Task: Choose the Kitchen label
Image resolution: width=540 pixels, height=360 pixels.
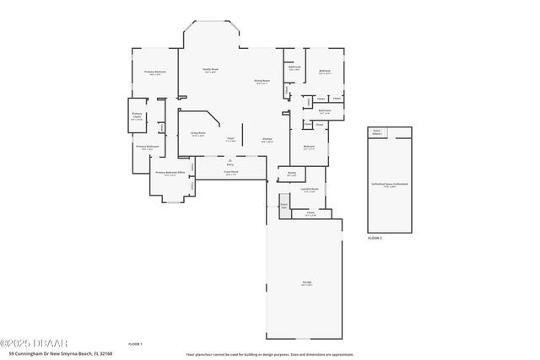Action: point(267,140)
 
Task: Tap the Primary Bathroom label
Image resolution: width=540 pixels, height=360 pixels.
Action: point(148,147)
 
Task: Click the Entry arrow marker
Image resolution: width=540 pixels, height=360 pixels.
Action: point(229,159)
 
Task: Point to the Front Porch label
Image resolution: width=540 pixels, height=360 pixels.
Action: point(230,172)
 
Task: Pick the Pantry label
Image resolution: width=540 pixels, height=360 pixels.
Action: point(291,174)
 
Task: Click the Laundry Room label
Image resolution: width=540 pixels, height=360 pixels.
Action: point(310,190)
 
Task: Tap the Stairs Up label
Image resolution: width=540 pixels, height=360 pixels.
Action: point(284,205)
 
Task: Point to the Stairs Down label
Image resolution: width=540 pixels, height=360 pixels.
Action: point(376,132)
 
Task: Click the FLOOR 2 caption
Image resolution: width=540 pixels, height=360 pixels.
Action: point(375,239)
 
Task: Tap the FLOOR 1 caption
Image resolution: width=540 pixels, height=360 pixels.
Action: point(135,344)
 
